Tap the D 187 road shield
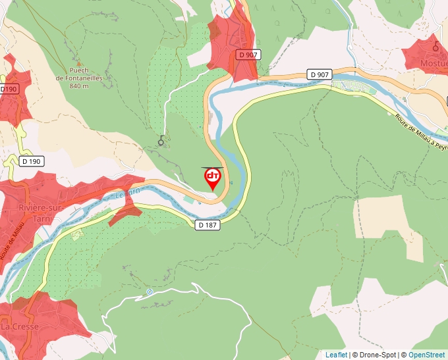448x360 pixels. click(206, 225)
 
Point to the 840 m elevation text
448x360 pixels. click(78, 86)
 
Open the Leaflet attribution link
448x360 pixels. click(336, 355)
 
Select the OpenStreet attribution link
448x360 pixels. click(426, 355)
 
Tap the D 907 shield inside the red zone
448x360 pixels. click(247, 55)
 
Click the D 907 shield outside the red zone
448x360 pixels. click(319, 74)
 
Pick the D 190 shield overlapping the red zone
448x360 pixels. click(9, 89)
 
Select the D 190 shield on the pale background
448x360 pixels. click(31, 161)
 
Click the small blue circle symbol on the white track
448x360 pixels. click(149, 292)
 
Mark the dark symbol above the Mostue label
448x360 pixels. click(435, 46)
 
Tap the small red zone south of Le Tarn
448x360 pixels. click(125, 213)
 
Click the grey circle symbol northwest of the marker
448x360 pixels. click(161, 141)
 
